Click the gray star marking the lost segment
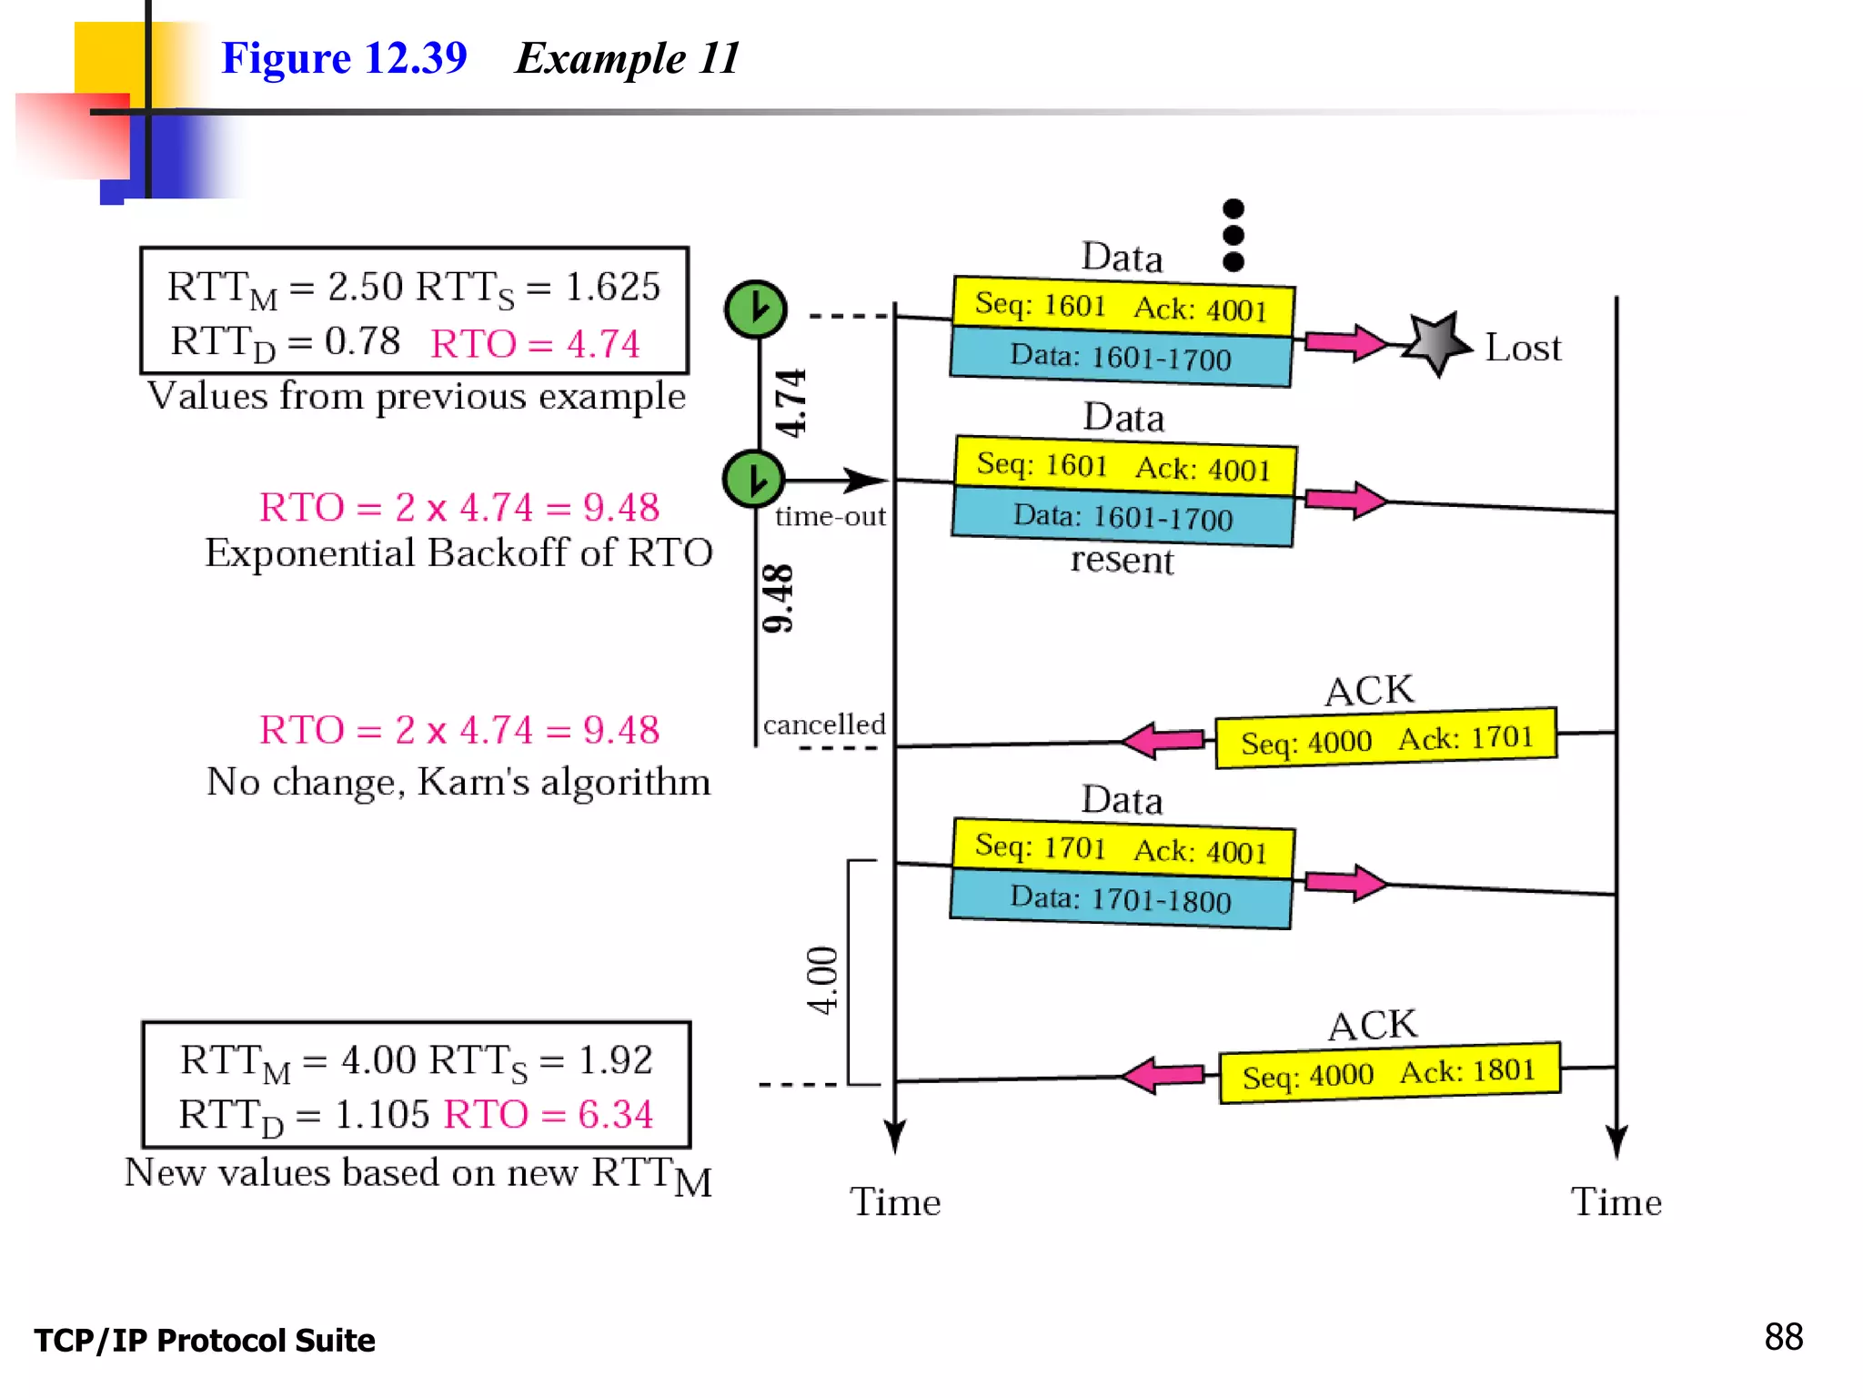[1436, 344]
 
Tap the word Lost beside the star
[1523, 348]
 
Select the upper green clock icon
[755, 309]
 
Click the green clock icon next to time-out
[753, 479]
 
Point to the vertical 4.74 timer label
[790, 403]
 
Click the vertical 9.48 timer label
[778, 598]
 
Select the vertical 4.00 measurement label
[822, 979]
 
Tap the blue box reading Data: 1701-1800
[1121, 899]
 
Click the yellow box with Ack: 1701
[1385, 738]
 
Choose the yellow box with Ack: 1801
[1389, 1073]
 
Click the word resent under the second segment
[1122, 560]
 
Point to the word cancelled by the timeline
[824, 724]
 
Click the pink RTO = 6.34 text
[549, 1114]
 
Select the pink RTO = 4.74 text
[535, 344]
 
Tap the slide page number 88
[1783, 1337]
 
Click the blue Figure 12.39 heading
[344, 58]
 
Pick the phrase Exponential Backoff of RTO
[458, 552]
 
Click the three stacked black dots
[1233, 236]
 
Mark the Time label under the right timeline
[1616, 1202]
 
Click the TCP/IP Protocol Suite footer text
[205, 1341]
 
